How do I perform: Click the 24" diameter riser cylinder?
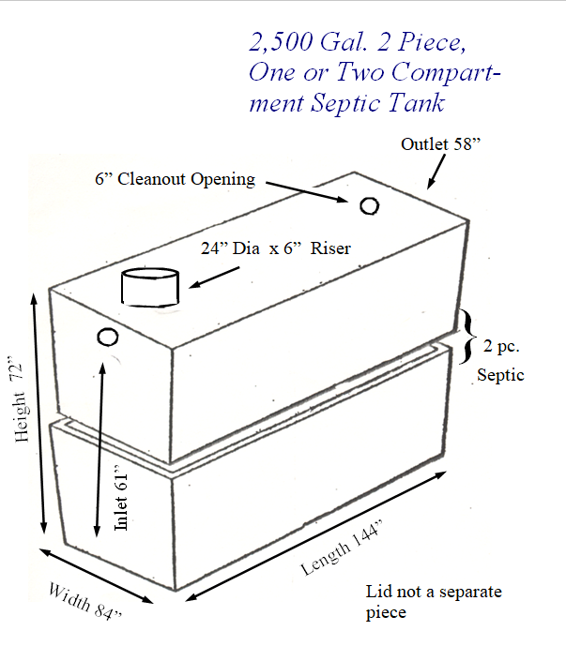click(150, 287)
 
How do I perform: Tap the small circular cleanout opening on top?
click(369, 206)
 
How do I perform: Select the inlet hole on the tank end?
click(107, 337)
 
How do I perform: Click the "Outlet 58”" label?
click(440, 144)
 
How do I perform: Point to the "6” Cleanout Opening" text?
click(175, 179)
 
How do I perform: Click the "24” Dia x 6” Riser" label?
click(276, 248)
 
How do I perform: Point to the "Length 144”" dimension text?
click(342, 548)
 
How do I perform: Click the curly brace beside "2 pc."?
click(467, 337)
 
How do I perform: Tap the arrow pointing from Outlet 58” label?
click(436, 172)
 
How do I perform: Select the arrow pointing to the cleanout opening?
click(307, 191)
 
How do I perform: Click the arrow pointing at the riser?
click(214, 277)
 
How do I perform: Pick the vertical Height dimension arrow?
click(38, 413)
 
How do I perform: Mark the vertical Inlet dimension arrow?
click(99, 449)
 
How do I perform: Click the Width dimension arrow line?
click(96, 576)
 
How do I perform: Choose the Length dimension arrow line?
click(316, 536)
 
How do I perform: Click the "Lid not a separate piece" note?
click(434, 602)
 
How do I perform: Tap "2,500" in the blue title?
click(281, 42)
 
